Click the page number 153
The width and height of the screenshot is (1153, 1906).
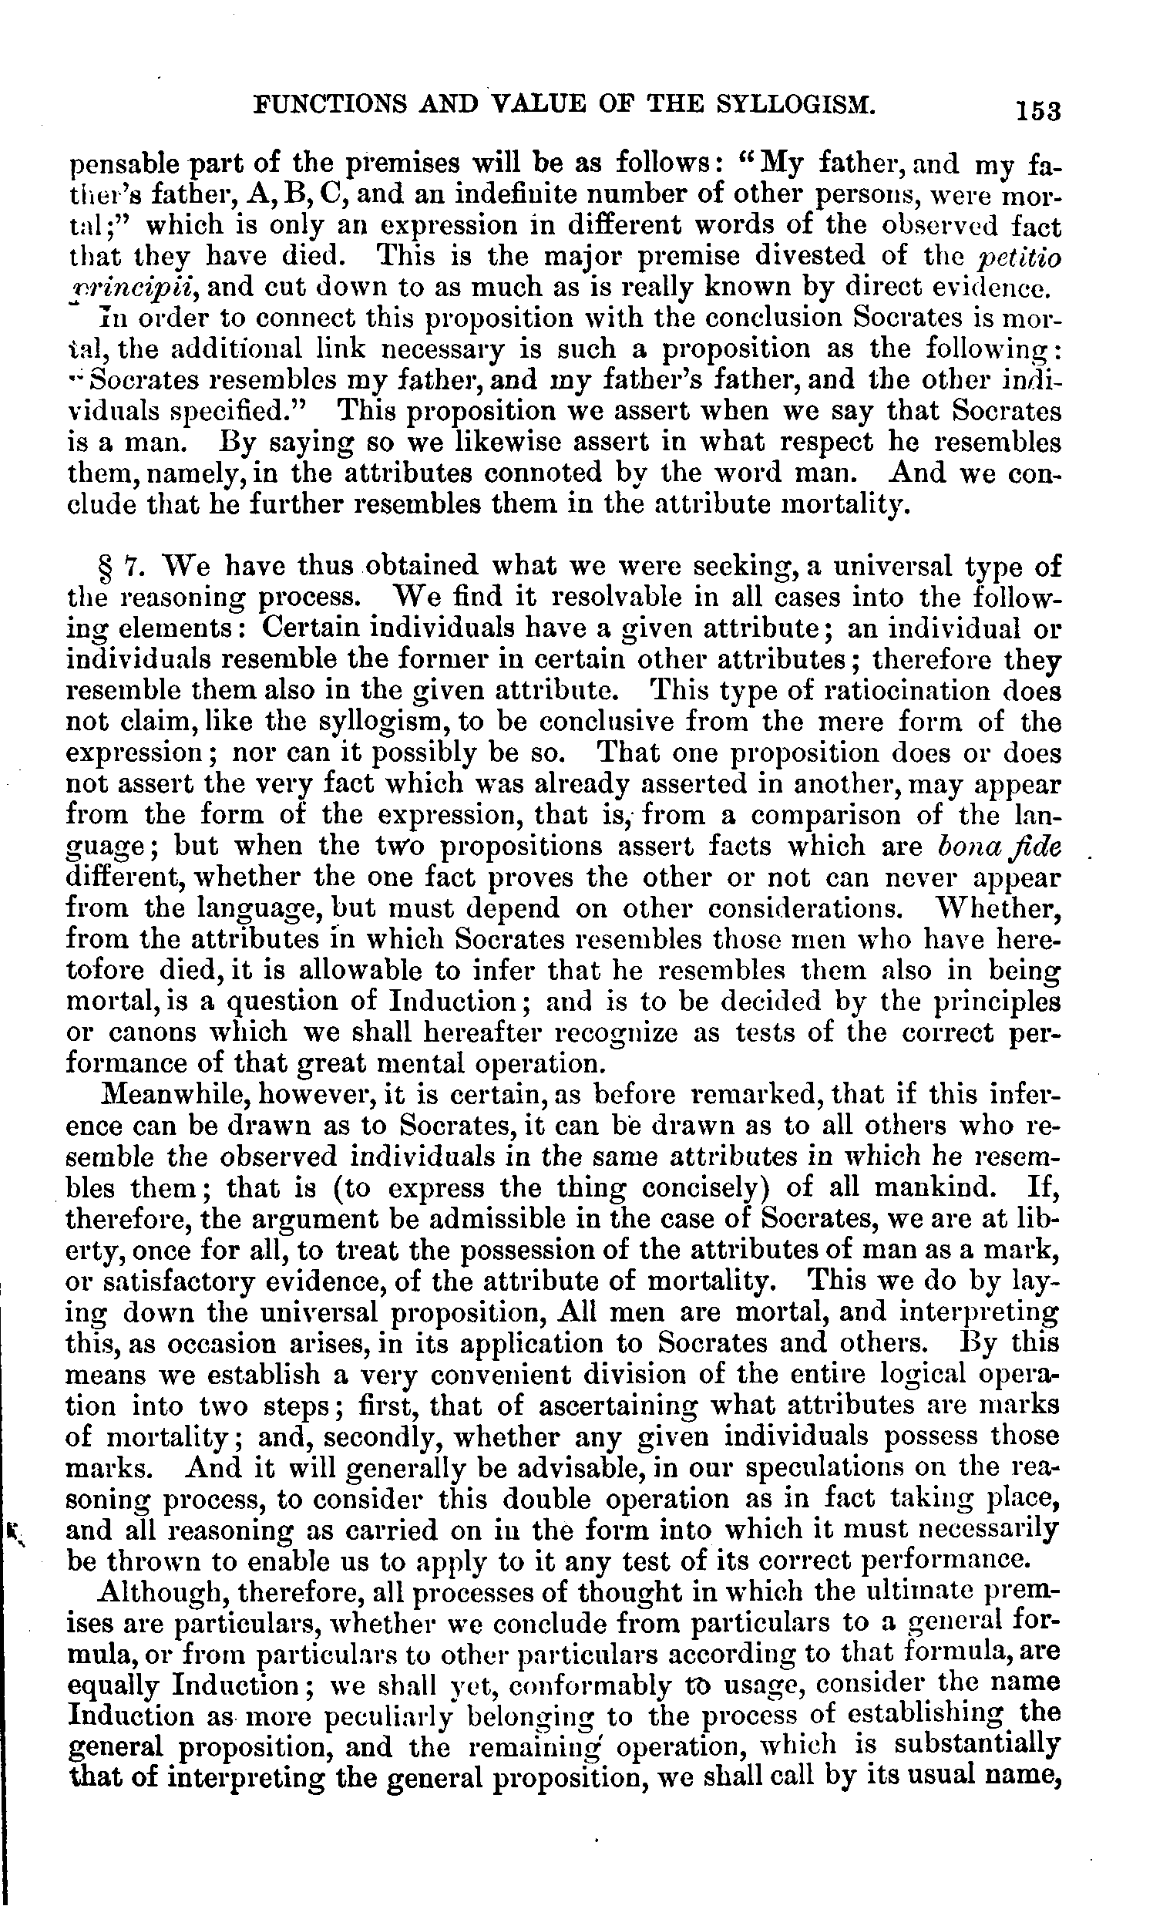pyautogui.click(x=1039, y=110)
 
